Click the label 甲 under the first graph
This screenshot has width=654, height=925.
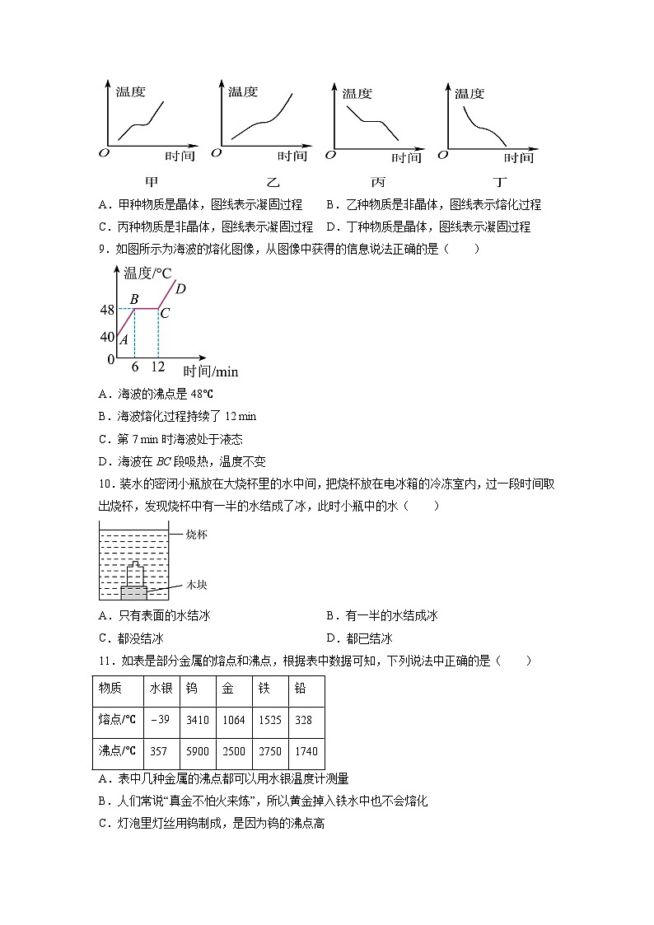[151, 182]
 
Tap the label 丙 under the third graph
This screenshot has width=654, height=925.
[378, 182]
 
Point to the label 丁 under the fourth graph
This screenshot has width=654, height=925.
[500, 182]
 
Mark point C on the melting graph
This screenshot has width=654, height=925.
[165, 313]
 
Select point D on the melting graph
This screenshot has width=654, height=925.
[181, 288]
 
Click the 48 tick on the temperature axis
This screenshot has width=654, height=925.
[107, 311]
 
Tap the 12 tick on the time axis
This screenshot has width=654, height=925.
[158, 367]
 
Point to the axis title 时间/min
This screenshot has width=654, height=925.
[210, 371]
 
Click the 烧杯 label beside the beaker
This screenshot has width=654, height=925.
[196, 535]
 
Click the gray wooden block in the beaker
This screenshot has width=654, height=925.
[134, 591]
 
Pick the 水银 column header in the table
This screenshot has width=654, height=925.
[159, 689]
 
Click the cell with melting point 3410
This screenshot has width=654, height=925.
[198, 720]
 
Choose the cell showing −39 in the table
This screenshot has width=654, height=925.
[159, 720]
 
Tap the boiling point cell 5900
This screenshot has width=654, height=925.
[198, 752]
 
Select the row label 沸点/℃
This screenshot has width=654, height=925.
[117, 752]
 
